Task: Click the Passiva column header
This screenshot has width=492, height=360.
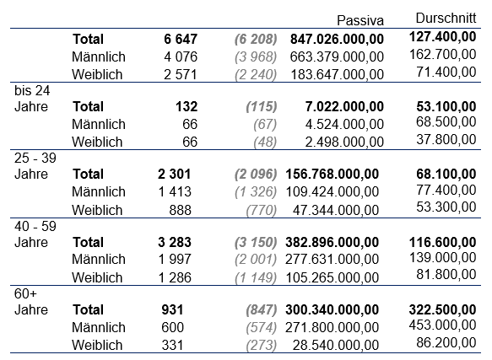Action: tap(360, 20)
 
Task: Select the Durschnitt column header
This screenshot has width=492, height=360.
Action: tap(446, 19)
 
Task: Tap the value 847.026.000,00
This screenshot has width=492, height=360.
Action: tap(337, 40)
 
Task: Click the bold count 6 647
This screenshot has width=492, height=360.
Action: tap(181, 39)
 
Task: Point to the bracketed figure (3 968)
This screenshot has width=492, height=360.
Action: tap(256, 57)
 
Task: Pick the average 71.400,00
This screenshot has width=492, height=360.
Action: tap(446, 73)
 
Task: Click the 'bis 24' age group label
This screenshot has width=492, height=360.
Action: tap(32, 90)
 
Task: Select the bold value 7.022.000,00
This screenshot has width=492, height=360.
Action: tap(344, 107)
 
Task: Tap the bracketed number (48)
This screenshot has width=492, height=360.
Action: tap(265, 142)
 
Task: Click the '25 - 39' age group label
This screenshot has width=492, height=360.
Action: tap(35, 158)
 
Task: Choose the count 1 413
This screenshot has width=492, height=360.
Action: tap(175, 191)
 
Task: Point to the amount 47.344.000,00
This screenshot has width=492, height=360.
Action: tap(336, 210)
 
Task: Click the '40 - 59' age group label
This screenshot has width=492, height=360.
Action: tap(35, 226)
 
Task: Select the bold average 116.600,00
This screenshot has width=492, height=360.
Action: tap(443, 243)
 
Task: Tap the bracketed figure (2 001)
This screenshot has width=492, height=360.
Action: tap(256, 260)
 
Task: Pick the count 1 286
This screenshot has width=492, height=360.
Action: tap(175, 278)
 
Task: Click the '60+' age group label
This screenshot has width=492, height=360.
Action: tap(25, 294)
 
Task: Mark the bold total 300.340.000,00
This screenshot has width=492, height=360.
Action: tap(332, 310)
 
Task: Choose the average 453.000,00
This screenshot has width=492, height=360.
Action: tap(443, 325)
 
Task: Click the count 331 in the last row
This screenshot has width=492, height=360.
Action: tap(172, 346)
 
